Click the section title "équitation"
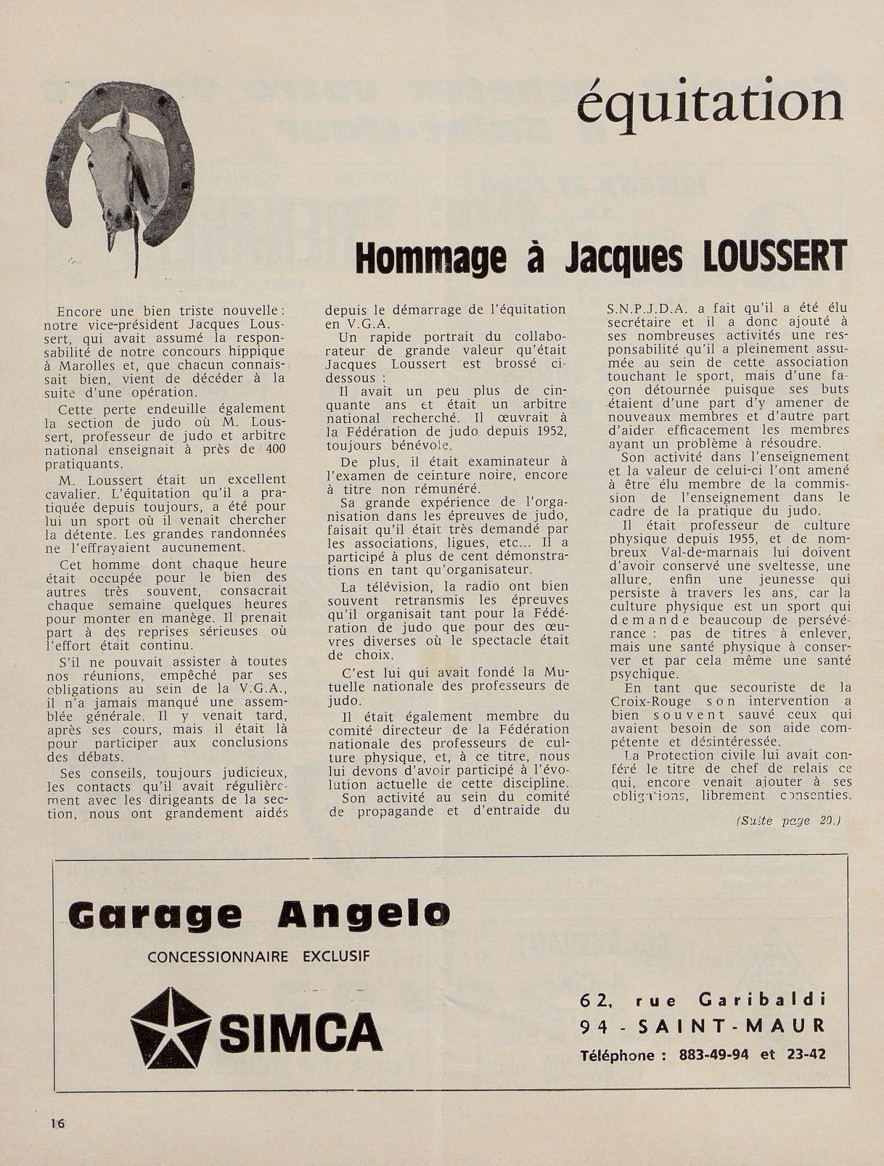click(710, 102)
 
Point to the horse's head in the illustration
click(116, 171)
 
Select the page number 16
click(57, 1123)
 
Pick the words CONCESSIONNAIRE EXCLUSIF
click(254, 956)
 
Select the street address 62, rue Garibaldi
click(703, 1000)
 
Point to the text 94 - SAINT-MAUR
click(703, 1026)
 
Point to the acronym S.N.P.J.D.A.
click(642, 308)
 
